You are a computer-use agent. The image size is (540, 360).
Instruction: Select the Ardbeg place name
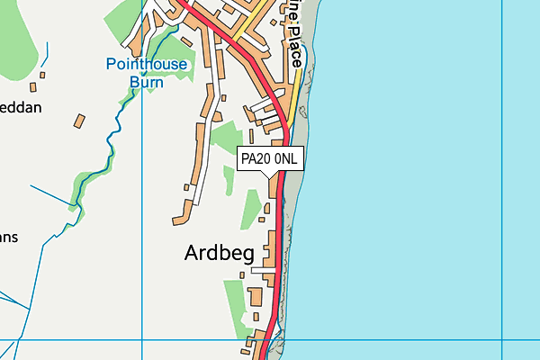(x=219, y=253)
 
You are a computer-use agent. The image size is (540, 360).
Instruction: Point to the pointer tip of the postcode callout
(x=273, y=175)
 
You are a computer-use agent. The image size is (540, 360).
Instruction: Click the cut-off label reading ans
(x=9, y=238)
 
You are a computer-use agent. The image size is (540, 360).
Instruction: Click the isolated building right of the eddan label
(x=79, y=120)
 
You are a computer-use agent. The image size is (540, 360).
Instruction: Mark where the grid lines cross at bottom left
(x=143, y=341)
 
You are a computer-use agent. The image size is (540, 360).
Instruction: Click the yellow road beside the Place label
(x=296, y=90)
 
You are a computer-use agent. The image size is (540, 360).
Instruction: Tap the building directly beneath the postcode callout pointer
(x=273, y=187)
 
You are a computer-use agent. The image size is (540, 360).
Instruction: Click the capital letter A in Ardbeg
(x=192, y=253)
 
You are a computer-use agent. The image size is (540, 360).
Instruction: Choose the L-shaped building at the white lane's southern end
(x=180, y=217)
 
